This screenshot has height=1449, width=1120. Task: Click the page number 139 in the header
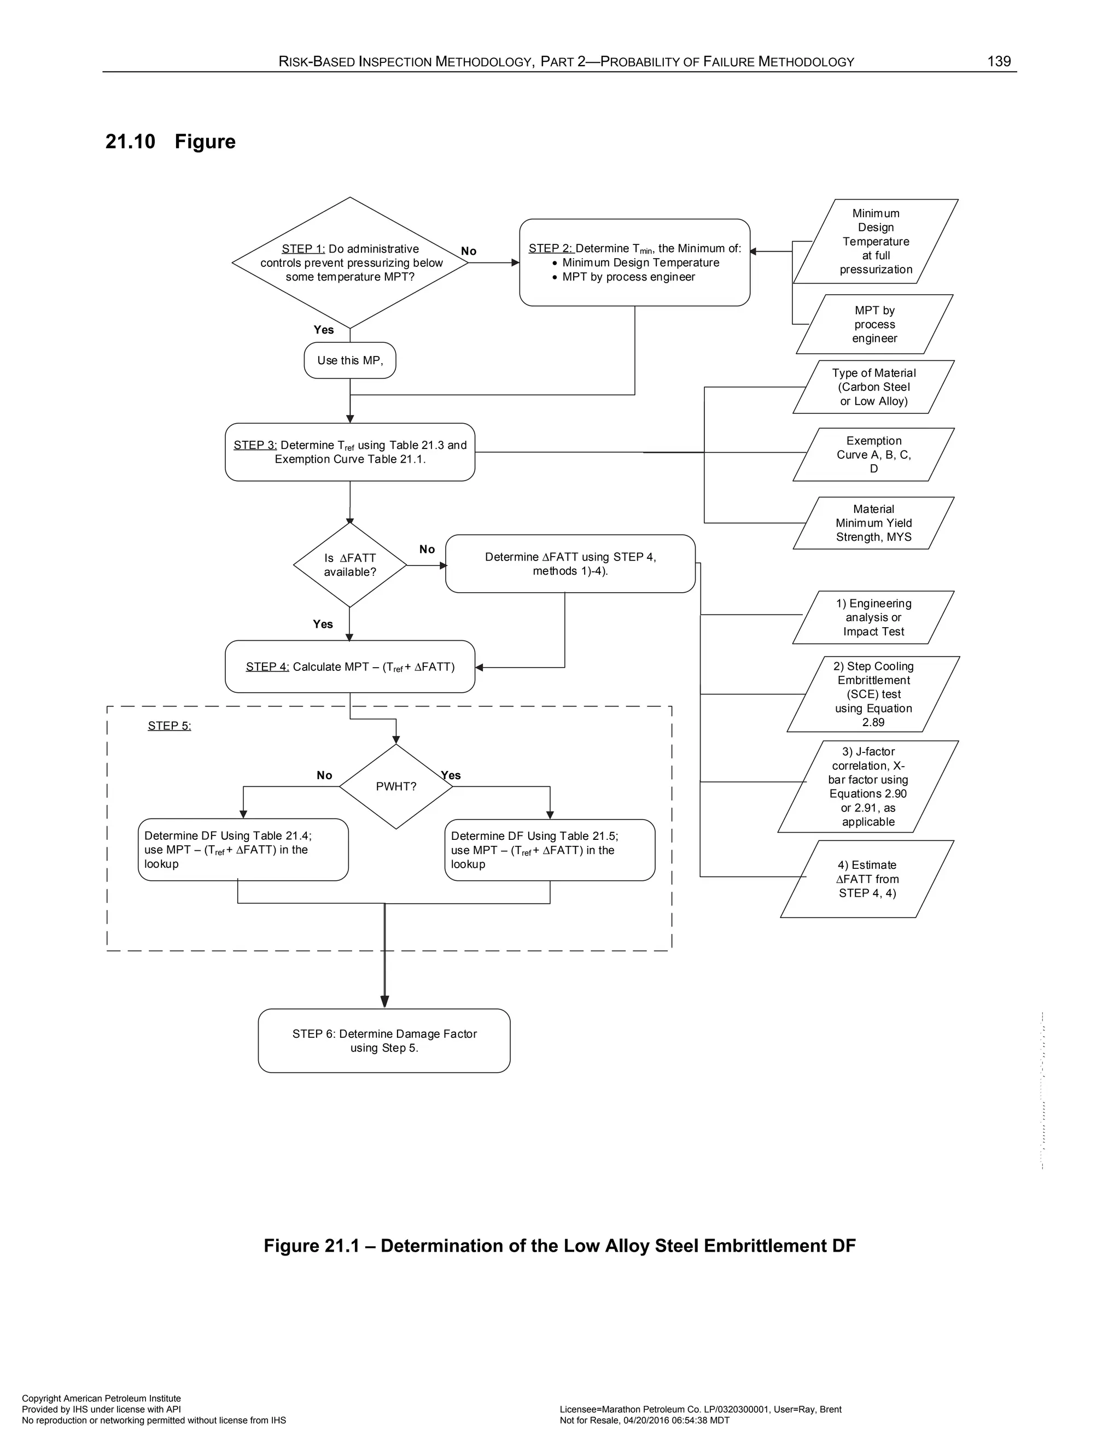(998, 62)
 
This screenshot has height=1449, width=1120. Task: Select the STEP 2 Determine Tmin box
(634, 262)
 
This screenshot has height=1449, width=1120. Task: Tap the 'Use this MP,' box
(349, 360)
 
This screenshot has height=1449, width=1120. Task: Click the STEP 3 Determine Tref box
(349, 452)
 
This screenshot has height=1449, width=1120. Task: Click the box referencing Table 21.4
(243, 850)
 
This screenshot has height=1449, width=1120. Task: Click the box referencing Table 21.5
(550, 850)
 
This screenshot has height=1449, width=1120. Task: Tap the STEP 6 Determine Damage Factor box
(384, 1041)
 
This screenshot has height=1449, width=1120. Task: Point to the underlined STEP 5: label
(169, 726)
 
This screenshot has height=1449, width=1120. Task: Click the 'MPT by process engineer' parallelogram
(874, 324)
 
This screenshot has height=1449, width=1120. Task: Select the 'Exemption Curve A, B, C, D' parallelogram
(873, 454)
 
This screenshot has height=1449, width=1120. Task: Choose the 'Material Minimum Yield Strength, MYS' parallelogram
(873, 523)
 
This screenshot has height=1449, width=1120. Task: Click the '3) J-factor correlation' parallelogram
(868, 786)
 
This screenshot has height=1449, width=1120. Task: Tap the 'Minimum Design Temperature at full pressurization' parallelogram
(876, 242)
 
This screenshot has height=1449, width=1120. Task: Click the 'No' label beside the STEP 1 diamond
(469, 252)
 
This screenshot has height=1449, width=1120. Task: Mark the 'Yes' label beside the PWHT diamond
(451, 775)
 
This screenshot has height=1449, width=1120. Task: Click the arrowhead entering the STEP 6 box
(384, 1001)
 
